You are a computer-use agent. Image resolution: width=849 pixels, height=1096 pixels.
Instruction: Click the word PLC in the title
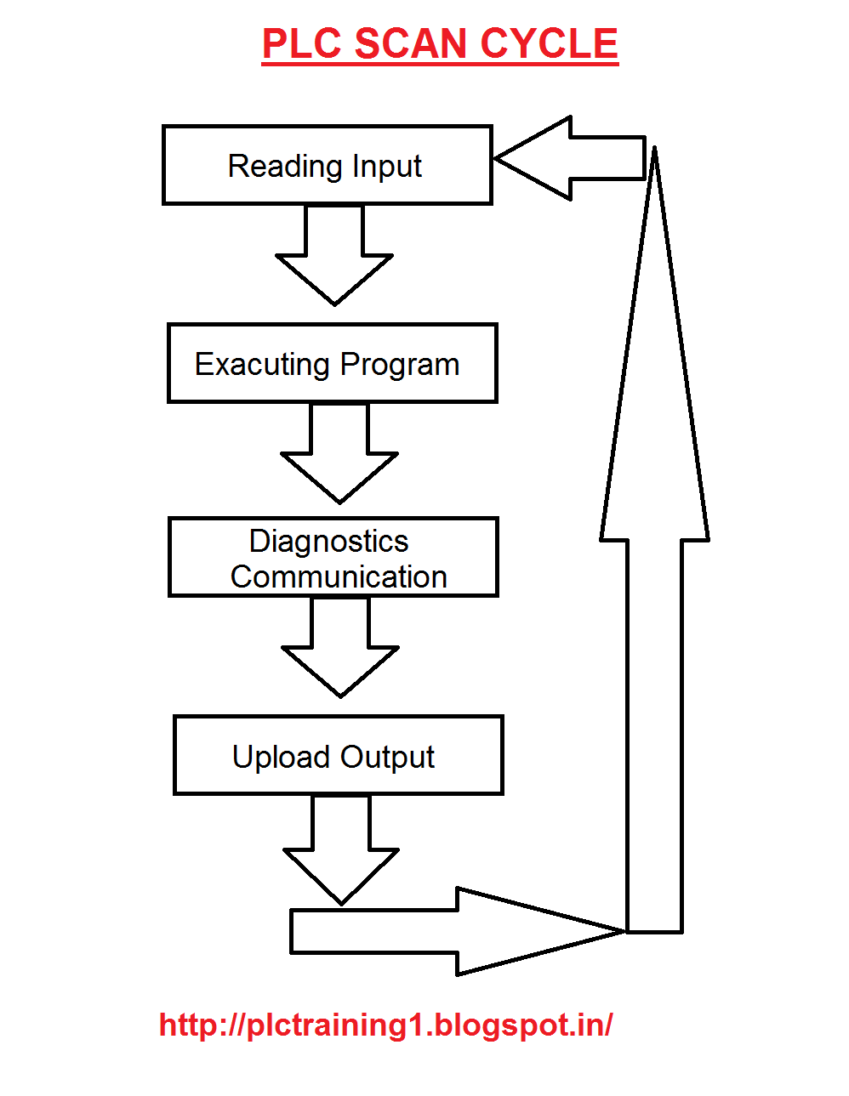[302, 43]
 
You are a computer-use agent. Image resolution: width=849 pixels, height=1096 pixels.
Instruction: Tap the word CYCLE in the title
[549, 43]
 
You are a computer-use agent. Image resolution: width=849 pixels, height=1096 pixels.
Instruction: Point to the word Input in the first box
[387, 167]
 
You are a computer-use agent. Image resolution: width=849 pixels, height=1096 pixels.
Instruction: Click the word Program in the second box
[399, 365]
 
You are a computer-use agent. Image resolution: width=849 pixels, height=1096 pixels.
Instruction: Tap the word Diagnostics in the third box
[328, 541]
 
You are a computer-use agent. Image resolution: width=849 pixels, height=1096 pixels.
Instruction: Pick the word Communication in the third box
[339, 576]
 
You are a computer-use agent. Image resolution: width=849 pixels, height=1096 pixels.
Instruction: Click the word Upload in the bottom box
[281, 757]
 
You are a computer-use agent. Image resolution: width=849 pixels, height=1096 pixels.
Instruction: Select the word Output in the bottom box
[388, 757]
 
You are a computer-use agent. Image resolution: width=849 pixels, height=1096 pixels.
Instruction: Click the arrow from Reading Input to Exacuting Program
[334, 255]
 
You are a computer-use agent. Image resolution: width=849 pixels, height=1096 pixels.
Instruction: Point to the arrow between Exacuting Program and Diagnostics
[339, 453]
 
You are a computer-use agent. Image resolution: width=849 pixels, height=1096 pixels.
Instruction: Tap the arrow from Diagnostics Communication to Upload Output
[340, 647]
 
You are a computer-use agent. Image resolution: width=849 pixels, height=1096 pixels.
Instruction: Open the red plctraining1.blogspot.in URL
[385, 1025]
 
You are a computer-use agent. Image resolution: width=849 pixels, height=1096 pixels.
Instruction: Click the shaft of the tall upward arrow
[654, 731]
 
